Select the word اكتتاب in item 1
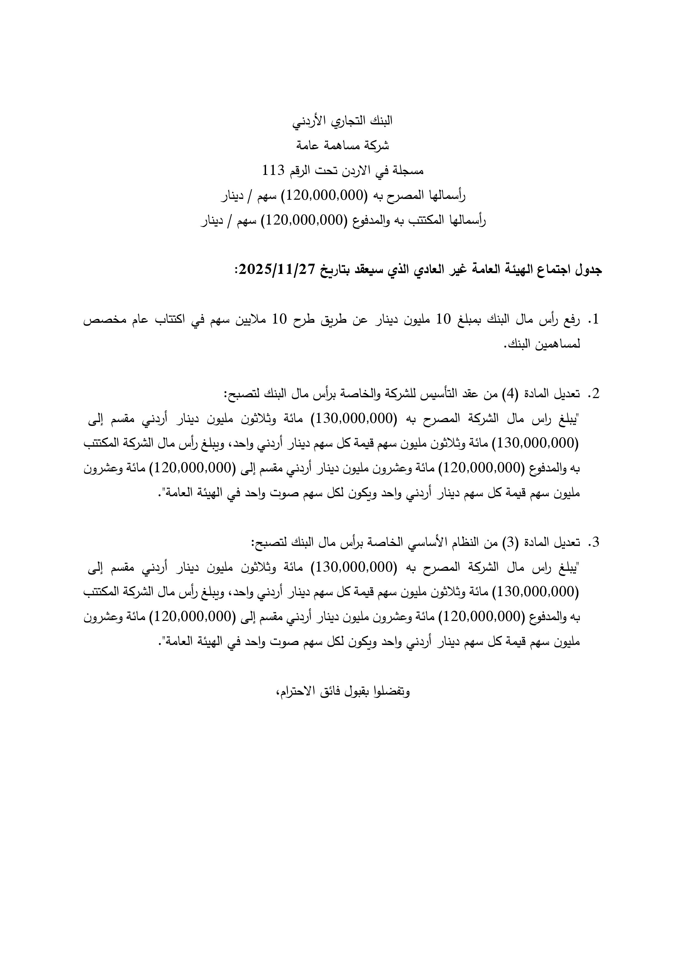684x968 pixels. tap(170, 319)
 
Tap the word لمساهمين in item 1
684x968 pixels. tap(558, 344)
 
